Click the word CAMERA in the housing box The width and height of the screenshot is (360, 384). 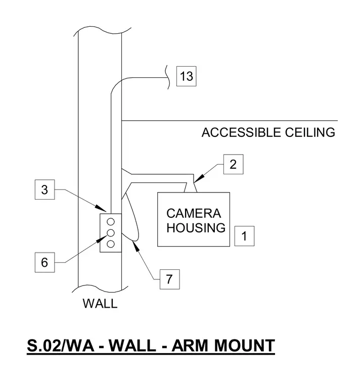[194, 213]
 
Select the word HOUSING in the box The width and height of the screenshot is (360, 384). [196, 228]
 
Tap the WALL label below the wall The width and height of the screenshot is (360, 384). [100, 304]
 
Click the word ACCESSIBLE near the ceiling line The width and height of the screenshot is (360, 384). [241, 132]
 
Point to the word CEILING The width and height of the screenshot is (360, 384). [310, 132]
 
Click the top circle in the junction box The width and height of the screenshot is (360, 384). [111, 222]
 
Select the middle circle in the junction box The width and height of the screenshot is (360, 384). [111, 233]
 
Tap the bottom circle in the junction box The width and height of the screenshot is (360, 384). [111, 244]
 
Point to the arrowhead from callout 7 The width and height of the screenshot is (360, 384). [136, 246]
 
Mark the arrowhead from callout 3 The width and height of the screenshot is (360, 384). [101, 208]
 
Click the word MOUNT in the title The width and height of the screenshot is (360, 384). [244, 346]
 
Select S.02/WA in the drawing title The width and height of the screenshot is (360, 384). [61, 346]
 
